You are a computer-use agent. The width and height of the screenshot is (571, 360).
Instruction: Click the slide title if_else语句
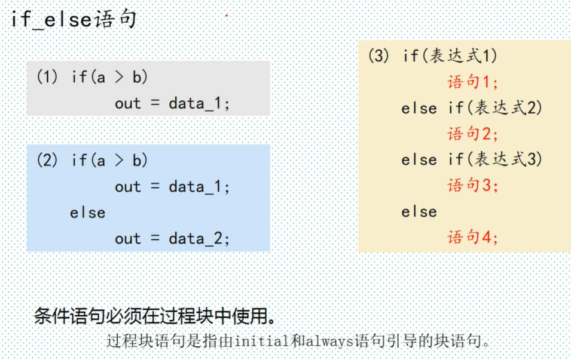(74, 20)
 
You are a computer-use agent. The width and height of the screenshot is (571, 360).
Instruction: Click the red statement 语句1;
(473, 82)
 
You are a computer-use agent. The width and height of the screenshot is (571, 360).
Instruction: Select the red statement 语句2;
(473, 134)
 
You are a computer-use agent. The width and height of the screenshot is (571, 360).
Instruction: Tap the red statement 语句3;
(473, 186)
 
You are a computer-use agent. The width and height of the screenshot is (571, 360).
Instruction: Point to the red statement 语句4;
(473, 238)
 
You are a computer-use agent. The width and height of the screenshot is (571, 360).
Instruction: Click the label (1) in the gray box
(47, 77)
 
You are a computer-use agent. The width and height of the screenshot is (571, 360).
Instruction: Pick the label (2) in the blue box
(47, 161)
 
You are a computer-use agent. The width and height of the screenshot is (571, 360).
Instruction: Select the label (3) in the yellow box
(378, 56)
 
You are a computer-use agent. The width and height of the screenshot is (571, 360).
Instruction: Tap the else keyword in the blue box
(87, 213)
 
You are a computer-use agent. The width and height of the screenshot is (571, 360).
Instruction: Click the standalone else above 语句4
(419, 211)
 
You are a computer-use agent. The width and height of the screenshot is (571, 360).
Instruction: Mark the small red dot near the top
(227, 16)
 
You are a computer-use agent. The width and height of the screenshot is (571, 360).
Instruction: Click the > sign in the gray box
(118, 77)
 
